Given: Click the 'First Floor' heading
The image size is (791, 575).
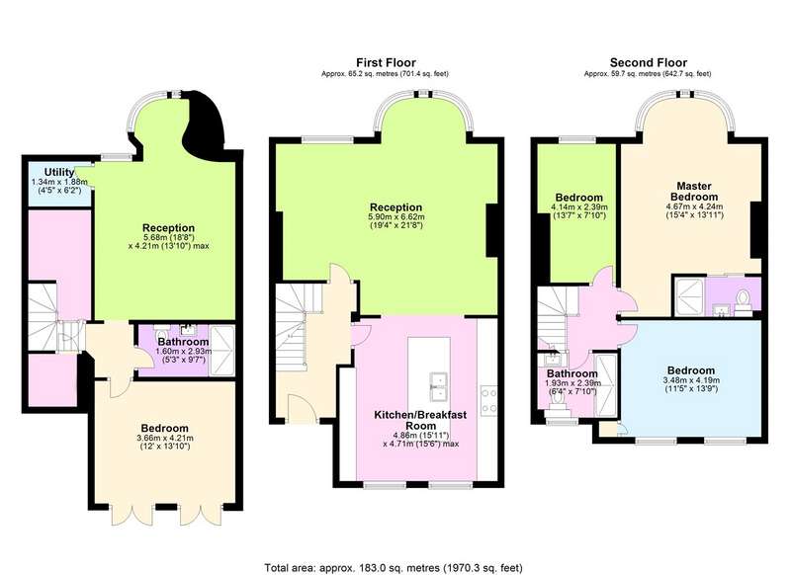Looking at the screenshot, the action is pos(386,63).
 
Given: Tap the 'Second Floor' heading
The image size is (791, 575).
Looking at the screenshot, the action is pos(649,63).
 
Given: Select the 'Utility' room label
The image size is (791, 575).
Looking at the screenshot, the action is pos(59,172).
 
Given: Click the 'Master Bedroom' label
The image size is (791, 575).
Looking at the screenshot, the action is pos(694,192).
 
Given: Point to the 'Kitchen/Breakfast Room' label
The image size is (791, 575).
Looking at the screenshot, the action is pos(420,420).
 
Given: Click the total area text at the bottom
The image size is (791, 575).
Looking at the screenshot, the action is pos(394,568).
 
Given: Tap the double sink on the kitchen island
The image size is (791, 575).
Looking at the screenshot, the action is pos(439,385).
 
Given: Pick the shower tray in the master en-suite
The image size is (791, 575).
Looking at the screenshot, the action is pos(688,296).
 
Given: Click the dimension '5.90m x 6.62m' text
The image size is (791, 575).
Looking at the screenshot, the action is pos(396,217).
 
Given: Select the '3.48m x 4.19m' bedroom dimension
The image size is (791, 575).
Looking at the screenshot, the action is pos(691,380).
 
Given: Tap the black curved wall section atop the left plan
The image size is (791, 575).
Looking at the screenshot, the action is pos(208,120).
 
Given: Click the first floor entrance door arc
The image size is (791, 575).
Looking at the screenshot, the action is pos(304,403).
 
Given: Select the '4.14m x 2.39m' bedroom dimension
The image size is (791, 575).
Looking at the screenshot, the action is pos(579,207).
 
